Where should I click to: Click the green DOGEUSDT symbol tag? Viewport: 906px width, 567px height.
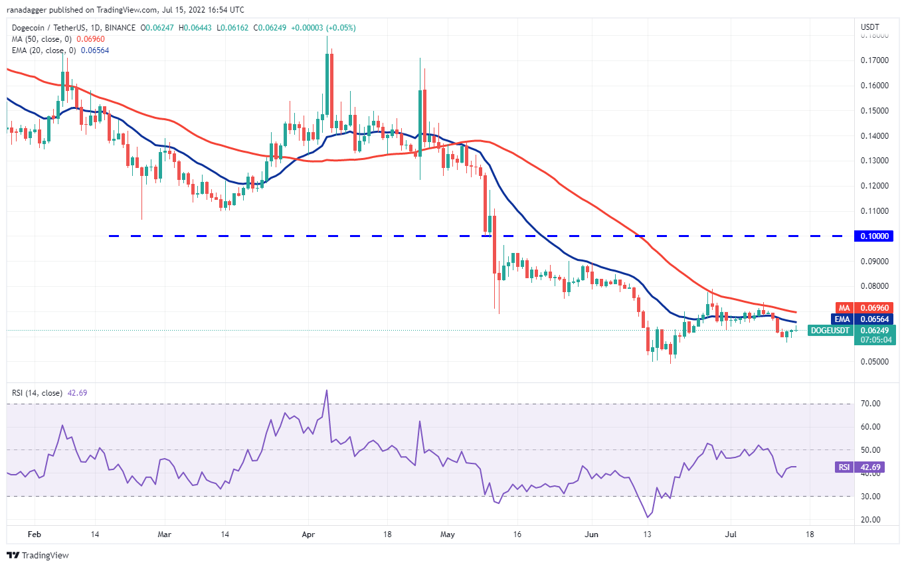830,330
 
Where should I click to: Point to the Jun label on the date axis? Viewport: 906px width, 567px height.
590,533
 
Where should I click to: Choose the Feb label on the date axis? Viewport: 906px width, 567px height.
34,533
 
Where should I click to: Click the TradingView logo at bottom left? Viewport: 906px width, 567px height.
38,555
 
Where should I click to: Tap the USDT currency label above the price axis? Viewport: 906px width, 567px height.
869,27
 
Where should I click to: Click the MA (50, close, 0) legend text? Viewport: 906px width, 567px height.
41,39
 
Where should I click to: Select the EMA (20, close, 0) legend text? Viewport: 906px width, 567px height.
44,50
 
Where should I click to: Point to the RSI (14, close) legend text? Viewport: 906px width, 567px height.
37,393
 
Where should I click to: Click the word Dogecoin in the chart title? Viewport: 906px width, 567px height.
27,28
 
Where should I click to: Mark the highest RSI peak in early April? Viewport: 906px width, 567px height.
326,390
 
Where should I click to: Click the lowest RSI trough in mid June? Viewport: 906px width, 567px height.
647,517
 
